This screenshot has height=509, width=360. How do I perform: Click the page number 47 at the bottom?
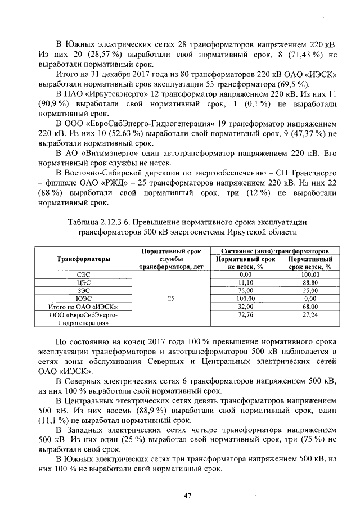tap(188, 495)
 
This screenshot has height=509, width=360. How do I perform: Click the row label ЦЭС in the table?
tap(83, 282)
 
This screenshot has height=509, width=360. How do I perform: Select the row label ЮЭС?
tap(83, 299)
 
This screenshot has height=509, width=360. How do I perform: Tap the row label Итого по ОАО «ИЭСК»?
tap(83, 307)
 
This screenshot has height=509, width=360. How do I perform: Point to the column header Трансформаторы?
tap(83, 259)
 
